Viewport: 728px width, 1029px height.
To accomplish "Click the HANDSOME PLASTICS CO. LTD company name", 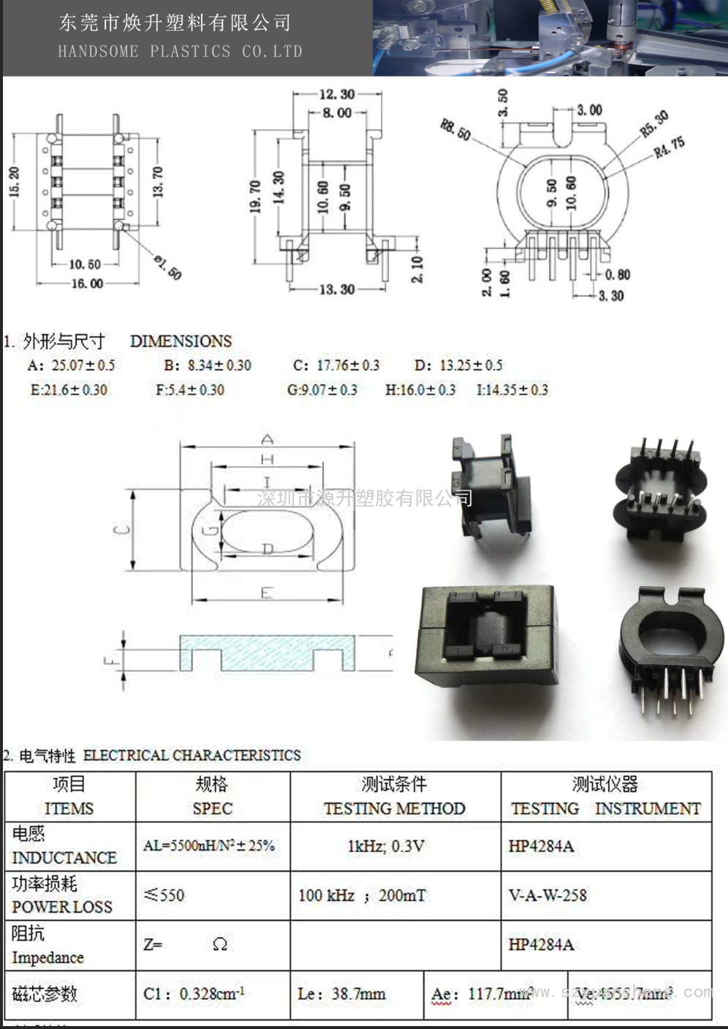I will point(180,51).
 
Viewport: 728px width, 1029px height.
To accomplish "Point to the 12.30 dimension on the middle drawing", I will point(337,94).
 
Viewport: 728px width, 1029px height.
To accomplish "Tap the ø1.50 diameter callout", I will point(167,267).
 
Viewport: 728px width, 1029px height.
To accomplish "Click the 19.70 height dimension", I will point(255,197).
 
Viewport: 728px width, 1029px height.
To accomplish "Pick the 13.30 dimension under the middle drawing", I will point(336,289).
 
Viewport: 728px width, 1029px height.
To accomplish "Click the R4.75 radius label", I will point(669,147).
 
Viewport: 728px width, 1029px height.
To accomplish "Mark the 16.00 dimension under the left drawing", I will point(87,284).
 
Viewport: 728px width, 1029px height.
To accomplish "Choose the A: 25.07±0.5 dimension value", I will point(72,365).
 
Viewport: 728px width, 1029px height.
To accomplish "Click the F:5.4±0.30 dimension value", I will point(190,390).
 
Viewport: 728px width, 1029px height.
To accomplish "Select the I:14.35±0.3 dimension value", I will point(512,390).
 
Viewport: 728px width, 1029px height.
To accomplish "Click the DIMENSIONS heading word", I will point(181,341).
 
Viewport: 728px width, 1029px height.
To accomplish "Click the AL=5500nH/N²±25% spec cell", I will point(209,846).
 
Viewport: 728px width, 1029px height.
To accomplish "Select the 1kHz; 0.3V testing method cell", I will point(386,846).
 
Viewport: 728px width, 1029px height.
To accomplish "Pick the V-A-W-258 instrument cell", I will point(547,895).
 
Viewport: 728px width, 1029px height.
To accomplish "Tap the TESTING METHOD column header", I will point(395,808).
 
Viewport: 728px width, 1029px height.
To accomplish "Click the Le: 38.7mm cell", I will point(341,994).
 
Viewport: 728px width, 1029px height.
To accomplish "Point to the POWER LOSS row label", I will point(62,907).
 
